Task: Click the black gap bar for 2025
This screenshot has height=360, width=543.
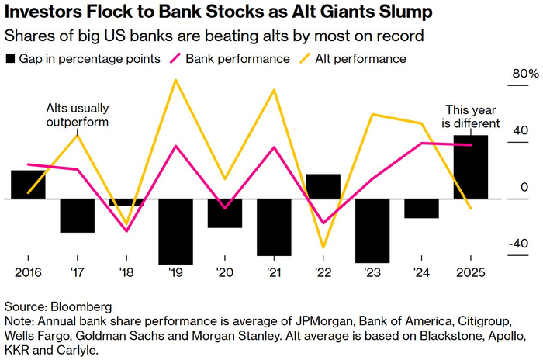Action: (x=471, y=167)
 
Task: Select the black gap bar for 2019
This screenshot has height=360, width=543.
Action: (x=176, y=231)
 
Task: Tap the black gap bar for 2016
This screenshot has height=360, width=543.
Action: (x=28, y=185)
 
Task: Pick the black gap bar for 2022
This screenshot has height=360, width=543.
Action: (x=323, y=186)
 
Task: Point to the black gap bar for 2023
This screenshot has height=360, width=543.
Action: (x=372, y=230)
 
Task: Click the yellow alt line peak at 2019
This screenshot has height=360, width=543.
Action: (x=175, y=79)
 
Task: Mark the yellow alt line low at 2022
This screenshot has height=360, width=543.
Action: (x=323, y=247)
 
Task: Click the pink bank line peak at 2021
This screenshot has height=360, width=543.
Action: (x=275, y=147)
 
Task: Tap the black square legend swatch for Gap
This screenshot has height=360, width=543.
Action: (x=11, y=59)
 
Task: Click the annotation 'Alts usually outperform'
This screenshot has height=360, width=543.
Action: (x=77, y=115)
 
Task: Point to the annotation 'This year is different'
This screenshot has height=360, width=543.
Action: (x=471, y=116)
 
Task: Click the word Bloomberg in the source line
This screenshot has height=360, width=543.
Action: (x=81, y=306)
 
